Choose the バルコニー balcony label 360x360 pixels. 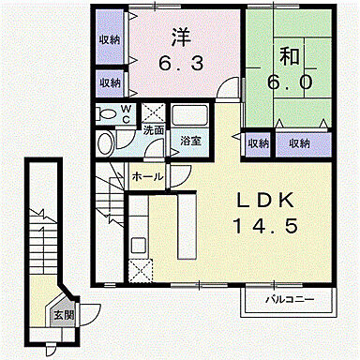[x=281, y=299]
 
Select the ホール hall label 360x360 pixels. [x=147, y=175]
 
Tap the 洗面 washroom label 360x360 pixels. [x=154, y=130]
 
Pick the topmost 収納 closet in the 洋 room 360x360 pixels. [x=110, y=39]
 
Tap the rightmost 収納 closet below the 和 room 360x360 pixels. [x=299, y=143]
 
